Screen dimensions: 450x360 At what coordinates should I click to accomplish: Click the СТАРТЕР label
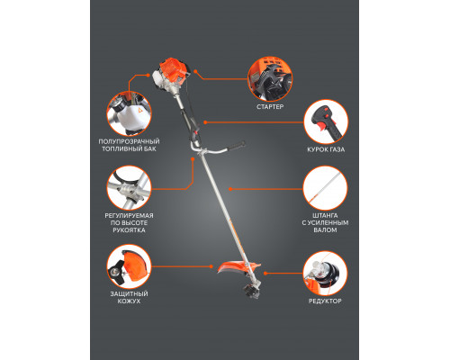tap(270, 107)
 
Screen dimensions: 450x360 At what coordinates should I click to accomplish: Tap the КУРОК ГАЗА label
tap(326, 149)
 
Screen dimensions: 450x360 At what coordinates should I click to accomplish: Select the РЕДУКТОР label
tap(325, 301)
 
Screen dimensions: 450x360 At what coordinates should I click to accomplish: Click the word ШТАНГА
tap(325, 215)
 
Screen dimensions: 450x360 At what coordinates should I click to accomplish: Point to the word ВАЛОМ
tap(325, 230)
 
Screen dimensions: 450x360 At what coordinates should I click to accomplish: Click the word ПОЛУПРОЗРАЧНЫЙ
tap(129, 141)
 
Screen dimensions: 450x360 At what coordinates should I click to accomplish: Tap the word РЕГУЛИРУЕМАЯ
tap(129, 215)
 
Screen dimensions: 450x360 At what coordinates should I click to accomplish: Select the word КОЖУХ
tap(129, 301)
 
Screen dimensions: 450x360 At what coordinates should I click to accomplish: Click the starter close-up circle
tap(270, 79)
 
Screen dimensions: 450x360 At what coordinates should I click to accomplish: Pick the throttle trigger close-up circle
tap(326, 122)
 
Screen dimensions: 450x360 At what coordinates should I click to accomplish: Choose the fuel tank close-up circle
tap(129, 114)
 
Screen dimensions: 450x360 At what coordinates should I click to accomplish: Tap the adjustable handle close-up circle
tap(129, 188)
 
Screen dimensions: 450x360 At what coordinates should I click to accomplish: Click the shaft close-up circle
tap(325, 188)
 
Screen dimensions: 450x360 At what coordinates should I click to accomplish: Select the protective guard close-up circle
tap(129, 266)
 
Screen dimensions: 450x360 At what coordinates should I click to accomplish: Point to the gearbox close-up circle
tap(325, 274)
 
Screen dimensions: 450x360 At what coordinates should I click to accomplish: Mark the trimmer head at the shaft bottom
tap(251, 291)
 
